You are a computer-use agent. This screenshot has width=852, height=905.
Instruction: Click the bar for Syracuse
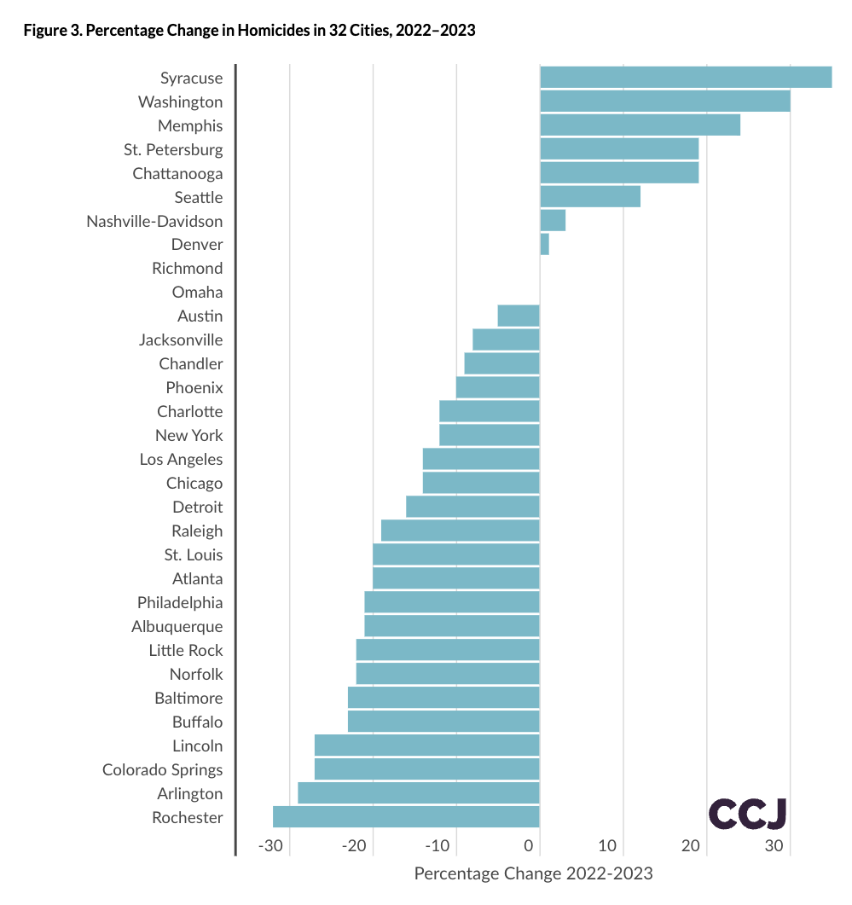pyautogui.click(x=686, y=77)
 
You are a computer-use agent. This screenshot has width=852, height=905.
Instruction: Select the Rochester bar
pyautogui.click(x=406, y=816)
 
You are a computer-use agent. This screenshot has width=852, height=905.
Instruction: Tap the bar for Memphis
pyautogui.click(x=640, y=125)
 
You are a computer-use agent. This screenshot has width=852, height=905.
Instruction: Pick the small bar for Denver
pyautogui.click(x=544, y=244)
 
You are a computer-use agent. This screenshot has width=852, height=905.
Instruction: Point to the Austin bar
pyautogui.click(x=519, y=316)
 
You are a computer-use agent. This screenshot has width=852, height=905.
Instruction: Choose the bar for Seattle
pyautogui.click(x=590, y=196)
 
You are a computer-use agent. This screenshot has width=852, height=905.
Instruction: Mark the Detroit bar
pyautogui.click(x=472, y=507)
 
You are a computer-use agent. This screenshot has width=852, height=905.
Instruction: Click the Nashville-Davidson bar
pyautogui.click(x=553, y=220)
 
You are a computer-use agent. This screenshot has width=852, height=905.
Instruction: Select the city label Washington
pyautogui.click(x=180, y=102)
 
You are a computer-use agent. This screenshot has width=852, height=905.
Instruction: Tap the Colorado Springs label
pyautogui.click(x=162, y=769)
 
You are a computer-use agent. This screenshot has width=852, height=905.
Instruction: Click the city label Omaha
pyautogui.click(x=197, y=292)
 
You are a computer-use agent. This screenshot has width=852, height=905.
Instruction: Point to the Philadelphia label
pyautogui.click(x=180, y=602)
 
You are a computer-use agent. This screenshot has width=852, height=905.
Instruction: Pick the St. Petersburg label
pyautogui.click(x=173, y=149)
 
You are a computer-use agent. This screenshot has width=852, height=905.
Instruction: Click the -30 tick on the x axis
pyautogui.click(x=270, y=846)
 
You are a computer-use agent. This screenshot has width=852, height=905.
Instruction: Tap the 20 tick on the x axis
pyautogui.click(x=691, y=846)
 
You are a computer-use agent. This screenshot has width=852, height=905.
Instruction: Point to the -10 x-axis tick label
pyautogui.click(x=438, y=846)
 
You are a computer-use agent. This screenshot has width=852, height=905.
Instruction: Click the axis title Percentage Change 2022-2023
pyautogui.click(x=533, y=873)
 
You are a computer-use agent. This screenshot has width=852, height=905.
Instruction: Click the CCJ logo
pyautogui.click(x=747, y=814)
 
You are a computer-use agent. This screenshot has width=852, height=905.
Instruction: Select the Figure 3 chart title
pyautogui.click(x=249, y=31)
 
